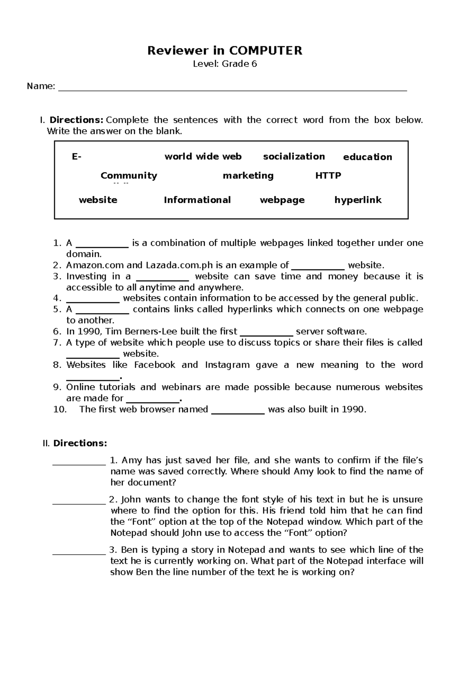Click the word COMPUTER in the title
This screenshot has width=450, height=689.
point(265,51)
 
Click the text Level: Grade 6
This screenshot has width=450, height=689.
point(225,64)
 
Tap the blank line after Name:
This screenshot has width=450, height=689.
point(232,89)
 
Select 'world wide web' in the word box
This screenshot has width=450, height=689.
point(203,157)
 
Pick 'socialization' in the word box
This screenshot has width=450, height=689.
point(294,157)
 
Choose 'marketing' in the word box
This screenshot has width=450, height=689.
point(248,176)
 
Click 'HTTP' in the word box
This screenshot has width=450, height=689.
point(328,176)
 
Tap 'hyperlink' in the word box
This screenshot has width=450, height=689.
point(358,200)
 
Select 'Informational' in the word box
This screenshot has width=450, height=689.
point(197,200)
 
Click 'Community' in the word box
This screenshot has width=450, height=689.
point(129,176)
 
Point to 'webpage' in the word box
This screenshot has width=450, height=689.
point(282,200)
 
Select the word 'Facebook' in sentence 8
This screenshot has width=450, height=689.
point(154,365)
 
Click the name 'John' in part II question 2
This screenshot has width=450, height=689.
point(130,500)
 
